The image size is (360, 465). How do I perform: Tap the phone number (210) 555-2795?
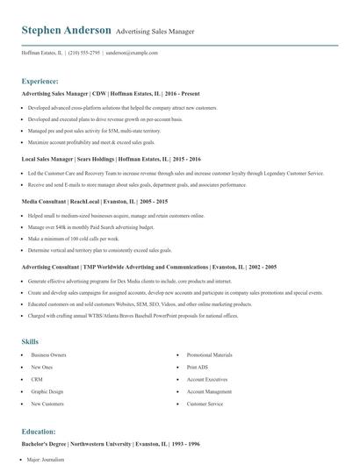(84, 54)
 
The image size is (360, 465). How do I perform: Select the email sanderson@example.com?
(132, 54)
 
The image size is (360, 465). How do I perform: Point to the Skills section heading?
(30, 340)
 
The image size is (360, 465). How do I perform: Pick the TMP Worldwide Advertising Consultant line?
(149, 267)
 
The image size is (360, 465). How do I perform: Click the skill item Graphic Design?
(47, 391)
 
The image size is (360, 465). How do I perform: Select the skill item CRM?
(36, 379)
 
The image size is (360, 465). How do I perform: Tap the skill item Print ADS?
(198, 367)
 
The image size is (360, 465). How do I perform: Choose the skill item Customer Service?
(205, 404)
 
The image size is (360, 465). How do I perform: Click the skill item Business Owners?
(47, 354)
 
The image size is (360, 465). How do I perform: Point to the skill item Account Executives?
(207, 379)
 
